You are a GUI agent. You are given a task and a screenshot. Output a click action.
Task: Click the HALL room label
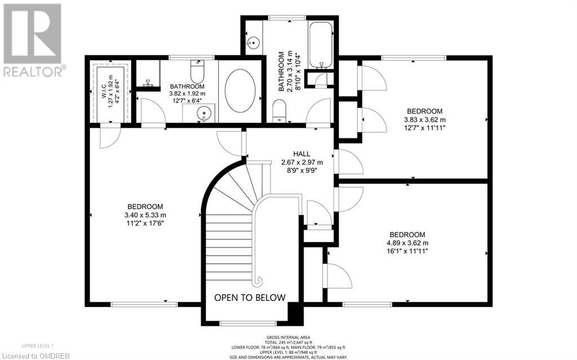click(301, 154)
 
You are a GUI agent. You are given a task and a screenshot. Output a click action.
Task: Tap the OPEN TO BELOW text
click(250, 297)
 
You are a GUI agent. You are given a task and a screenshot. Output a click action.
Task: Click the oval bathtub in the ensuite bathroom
click(240, 91)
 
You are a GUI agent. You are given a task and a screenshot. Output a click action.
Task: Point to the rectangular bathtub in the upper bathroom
click(321, 45)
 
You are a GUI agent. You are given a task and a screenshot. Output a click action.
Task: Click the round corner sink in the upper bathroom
click(253, 43)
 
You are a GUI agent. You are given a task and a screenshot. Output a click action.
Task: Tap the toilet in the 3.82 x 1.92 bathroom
click(197, 72)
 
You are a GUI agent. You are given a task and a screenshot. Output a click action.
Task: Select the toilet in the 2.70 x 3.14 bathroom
click(279, 110)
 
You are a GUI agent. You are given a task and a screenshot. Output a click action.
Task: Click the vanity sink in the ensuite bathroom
click(203, 113)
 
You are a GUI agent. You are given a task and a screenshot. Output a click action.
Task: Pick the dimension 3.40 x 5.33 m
click(145, 215)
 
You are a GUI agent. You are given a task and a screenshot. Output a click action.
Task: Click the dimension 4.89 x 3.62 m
click(407, 243)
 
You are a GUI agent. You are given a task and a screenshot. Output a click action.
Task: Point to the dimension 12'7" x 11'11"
click(424, 128)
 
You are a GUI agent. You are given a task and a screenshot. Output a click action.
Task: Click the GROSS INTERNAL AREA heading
click(288, 337)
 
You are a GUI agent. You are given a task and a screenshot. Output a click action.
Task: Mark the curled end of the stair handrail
click(258, 282)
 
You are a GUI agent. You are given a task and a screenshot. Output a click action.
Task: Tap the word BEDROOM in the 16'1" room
click(407, 234)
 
